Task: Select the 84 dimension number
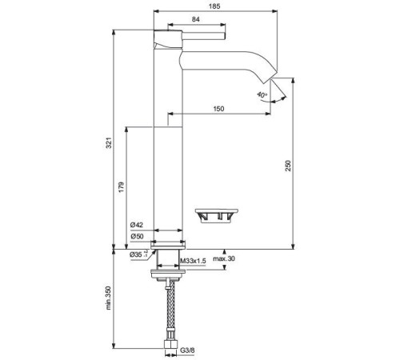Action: (195, 19)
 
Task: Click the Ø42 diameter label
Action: (138, 226)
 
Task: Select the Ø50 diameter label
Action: (138, 238)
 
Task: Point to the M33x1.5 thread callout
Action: (192, 262)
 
